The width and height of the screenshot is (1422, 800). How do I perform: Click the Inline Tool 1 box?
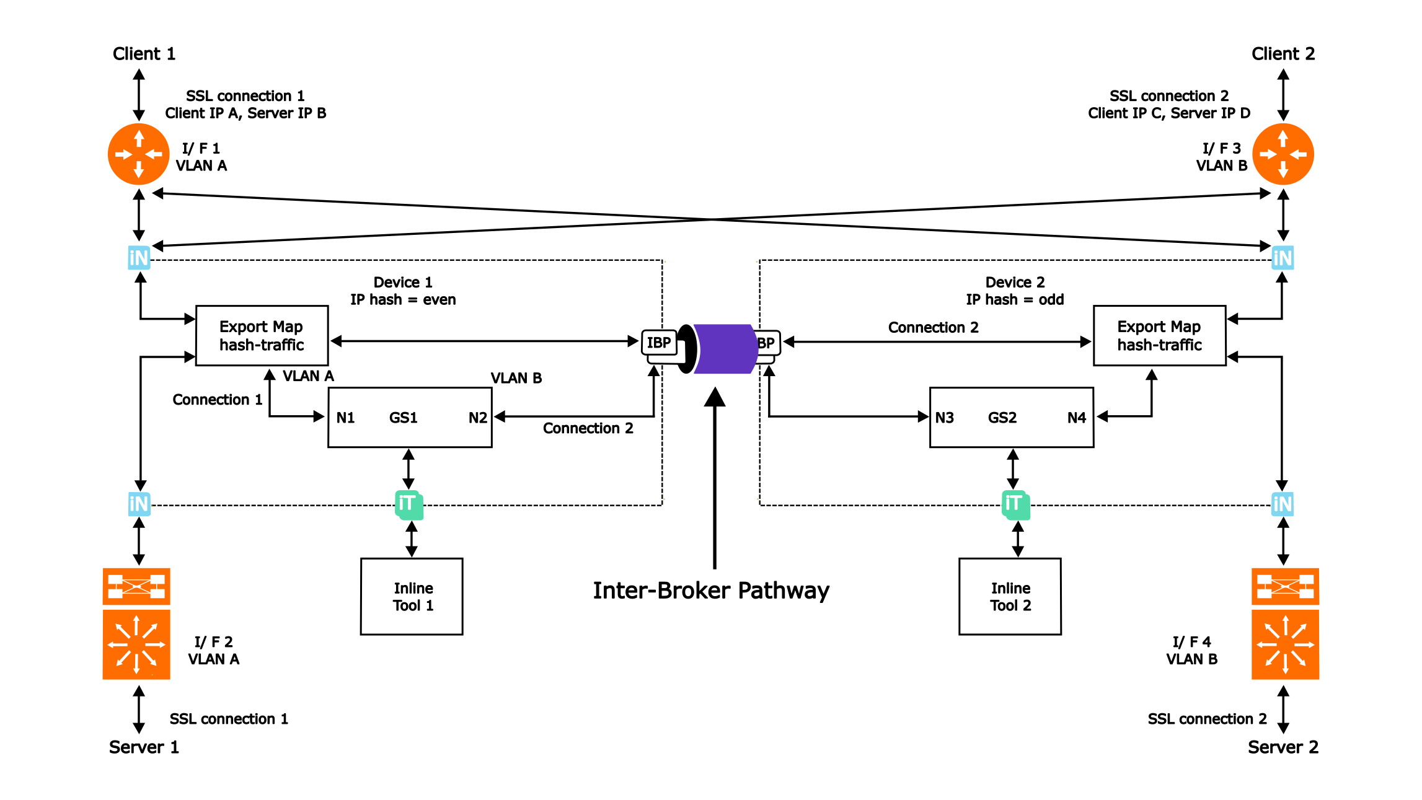[412, 596]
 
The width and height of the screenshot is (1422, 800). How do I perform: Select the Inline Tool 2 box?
[1010, 596]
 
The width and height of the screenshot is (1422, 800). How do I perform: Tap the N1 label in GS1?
[345, 418]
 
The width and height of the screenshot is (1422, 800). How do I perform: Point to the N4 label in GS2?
[1077, 418]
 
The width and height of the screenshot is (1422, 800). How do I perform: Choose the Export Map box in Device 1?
[262, 335]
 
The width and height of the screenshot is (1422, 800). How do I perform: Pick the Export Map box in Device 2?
[1159, 335]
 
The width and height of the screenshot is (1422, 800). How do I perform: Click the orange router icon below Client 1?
[139, 154]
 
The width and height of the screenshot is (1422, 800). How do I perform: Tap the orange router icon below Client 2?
[1283, 154]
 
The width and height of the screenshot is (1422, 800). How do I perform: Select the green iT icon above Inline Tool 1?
[409, 504]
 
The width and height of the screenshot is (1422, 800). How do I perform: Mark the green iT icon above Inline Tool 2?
[1015, 504]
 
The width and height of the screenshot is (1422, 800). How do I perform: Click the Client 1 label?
[144, 54]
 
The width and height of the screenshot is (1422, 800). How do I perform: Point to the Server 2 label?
[1283, 747]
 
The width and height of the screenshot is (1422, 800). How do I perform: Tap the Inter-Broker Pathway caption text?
[711, 591]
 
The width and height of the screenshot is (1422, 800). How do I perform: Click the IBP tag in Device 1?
[659, 343]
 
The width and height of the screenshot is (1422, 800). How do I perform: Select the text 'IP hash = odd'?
[1015, 300]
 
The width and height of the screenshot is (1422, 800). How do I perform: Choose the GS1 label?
[403, 418]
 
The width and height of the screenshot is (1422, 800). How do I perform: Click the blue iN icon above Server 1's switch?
[139, 504]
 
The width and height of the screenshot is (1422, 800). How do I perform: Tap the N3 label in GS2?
[944, 418]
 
